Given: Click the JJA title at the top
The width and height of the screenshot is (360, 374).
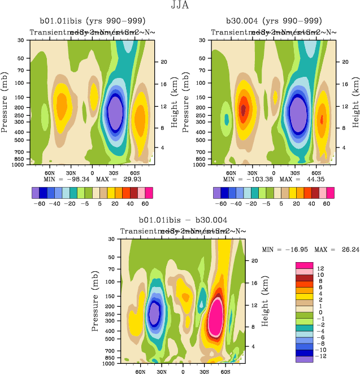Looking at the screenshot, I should click(x=180, y=6).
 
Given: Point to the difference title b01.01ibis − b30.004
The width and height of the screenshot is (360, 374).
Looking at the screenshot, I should click(x=183, y=221).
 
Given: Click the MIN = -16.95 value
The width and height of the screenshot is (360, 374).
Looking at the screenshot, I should click(x=284, y=249).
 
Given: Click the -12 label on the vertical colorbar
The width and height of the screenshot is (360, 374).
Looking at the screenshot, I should click(x=320, y=356).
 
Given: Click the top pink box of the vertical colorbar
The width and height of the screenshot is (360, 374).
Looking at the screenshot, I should click(x=304, y=265).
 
